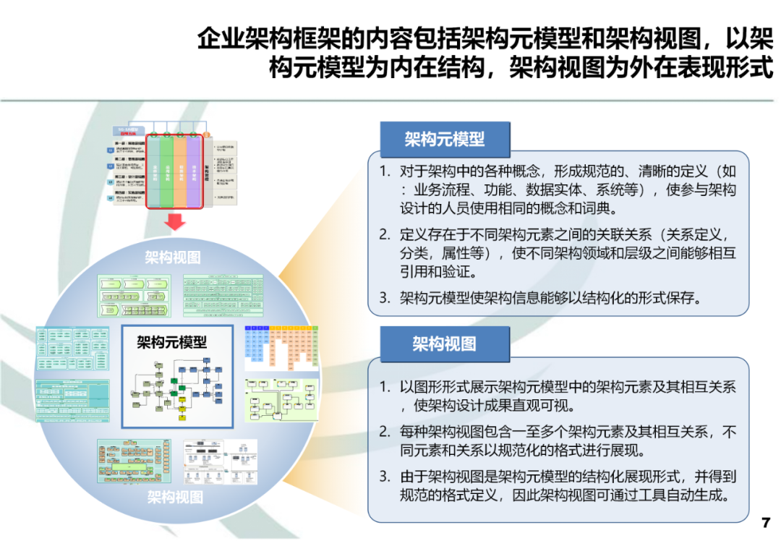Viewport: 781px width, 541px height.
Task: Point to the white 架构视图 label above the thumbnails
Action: [x=172, y=257]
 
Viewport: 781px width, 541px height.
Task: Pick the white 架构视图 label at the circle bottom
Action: [x=175, y=497]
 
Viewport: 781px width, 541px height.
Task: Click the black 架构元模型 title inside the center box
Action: [x=172, y=341]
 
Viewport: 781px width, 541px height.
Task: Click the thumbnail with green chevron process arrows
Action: [x=134, y=295]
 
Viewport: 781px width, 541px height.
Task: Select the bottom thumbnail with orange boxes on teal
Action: [x=135, y=460]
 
